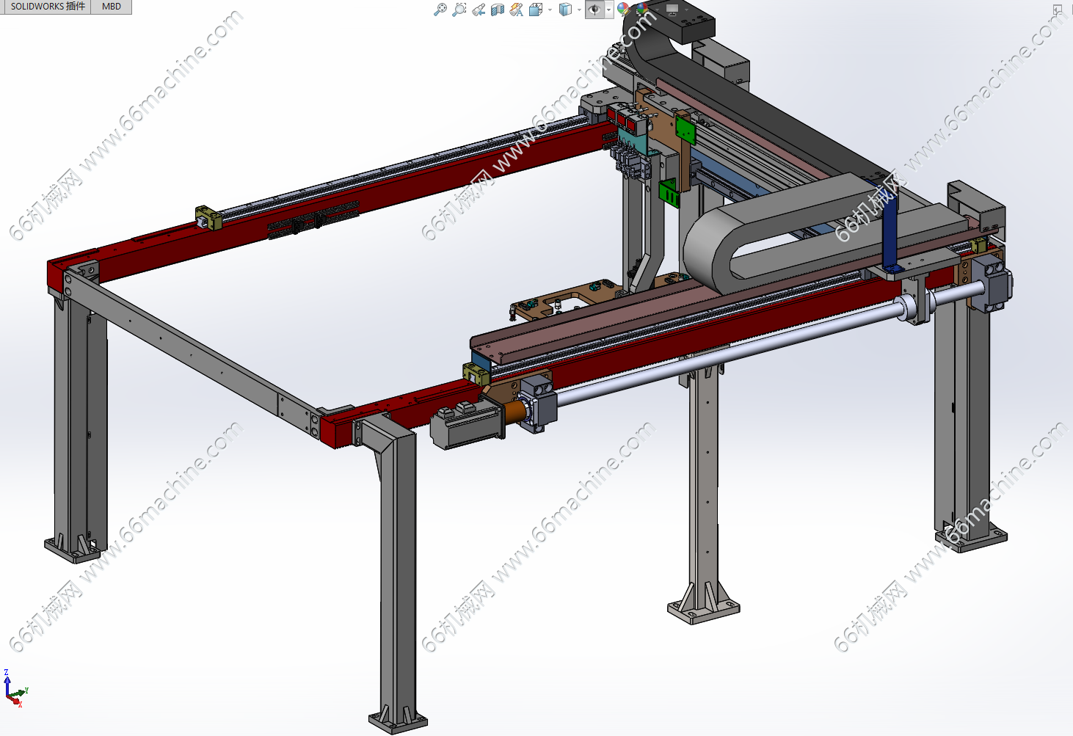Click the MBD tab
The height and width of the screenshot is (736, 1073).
pyautogui.click(x=111, y=7)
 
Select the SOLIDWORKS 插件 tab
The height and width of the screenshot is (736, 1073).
pyautogui.click(x=47, y=7)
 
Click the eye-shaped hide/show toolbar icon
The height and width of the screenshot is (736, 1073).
pyautogui.click(x=595, y=9)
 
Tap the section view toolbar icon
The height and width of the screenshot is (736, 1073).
pyautogui.click(x=497, y=10)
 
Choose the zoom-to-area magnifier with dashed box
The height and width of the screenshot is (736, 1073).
pyautogui.click(x=459, y=10)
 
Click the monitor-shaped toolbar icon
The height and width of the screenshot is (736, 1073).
pyautogui.click(x=672, y=9)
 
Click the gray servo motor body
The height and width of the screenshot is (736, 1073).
pyautogui.click(x=465, y=424)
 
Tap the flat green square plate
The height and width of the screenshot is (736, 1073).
pyautogui.click(x=685, y=129)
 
